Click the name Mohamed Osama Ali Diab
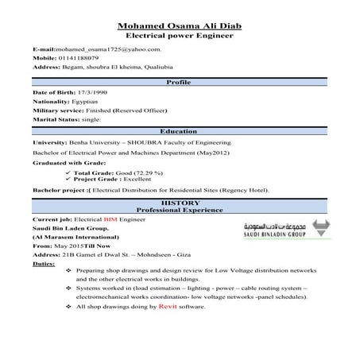tap(180, 26)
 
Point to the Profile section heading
tap(180, 83)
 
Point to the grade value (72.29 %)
tap(148, 172)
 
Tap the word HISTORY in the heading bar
tap(180, 203)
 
